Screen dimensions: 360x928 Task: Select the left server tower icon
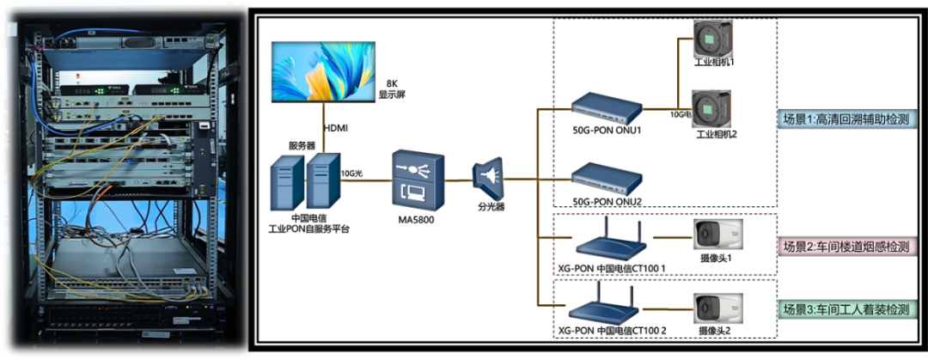pyautogui.click(x=286, y=183)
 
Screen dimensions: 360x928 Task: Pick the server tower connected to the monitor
pyautogui.click(x=322, y=180)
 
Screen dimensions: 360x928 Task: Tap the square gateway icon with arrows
pyautogui.click(x=418, y=180)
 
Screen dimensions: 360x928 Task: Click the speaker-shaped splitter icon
pyautogui.click(x=487, y=179)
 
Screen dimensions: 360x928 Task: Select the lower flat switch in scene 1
pyautogui.click(x=607, y=178)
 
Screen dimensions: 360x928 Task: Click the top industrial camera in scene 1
pyautogui.click(x=712, y=40)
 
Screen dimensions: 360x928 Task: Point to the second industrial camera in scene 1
pyautogui.click(x=712, y=109)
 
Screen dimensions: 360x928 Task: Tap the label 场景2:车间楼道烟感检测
pyautogui.click(x=845, y=247)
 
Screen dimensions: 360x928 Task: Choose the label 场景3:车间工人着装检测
pyautogui.click(x=845, y=308)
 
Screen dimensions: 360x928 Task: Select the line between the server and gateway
pyautogui.click(x=365, y=180)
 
